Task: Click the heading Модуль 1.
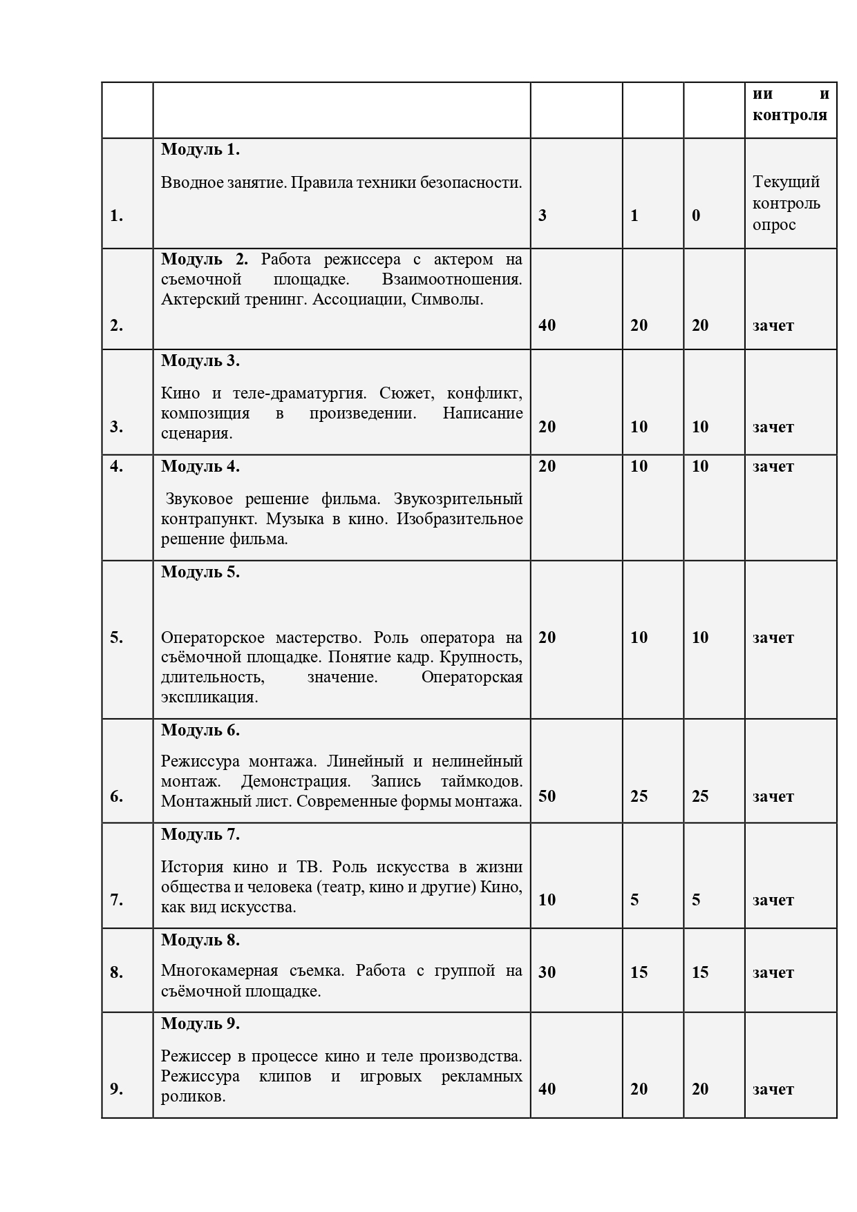[200, 149]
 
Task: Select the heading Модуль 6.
[200, 730]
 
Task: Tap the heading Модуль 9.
[200, 1023]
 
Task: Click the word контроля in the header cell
[790, 115]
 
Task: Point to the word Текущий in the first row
[786, 182]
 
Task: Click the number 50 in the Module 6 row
[547, 796]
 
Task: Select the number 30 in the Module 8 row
[547, 972]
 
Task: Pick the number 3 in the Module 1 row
[543, 215]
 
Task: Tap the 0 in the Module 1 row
[696, 215]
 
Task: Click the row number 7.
[116, 900]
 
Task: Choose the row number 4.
[116, 466]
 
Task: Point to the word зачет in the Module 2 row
[773, 325]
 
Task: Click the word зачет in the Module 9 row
[773, 1089]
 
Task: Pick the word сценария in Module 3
[196, 434]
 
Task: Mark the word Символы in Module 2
[450, 300]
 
